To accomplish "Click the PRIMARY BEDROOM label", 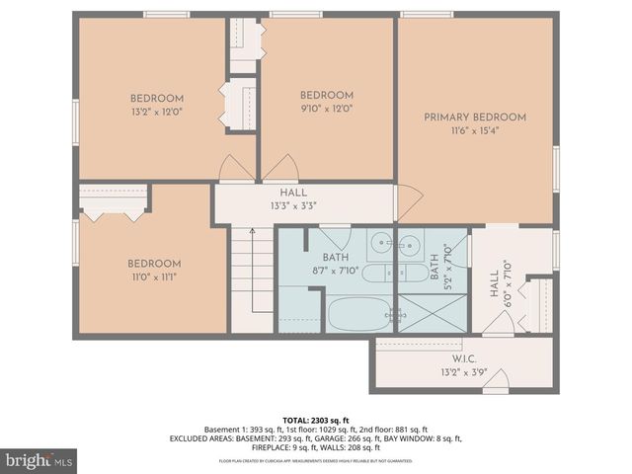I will tap(475, 118).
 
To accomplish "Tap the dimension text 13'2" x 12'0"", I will tap(156, 112).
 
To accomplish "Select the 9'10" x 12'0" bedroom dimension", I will tap(326, 109).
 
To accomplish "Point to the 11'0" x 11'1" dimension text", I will tap(153, 277).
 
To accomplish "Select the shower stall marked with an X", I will tap(432, 314).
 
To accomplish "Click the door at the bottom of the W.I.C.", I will tap(498, 380).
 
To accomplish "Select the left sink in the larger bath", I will tap(380, 241).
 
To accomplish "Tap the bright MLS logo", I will tap(39, 460).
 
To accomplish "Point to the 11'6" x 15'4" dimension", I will tap(475, 131).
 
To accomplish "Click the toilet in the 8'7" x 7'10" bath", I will tap(380, 273).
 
